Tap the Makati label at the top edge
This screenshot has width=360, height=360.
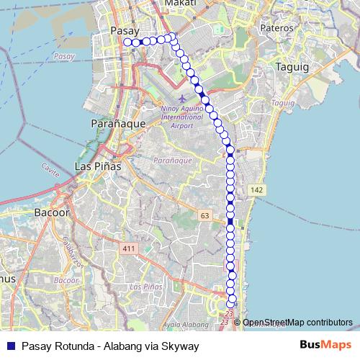coord(180,4)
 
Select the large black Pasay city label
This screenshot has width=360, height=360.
coord(126,31)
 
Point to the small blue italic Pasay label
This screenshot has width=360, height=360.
coord(64,56)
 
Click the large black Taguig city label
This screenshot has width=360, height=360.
coord(292,66)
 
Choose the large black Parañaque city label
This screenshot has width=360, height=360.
coord(119,124)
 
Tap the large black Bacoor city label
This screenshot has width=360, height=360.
coord(51,213)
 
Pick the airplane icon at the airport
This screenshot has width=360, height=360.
coord(181,97)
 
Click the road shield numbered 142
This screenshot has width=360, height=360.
coord(256,189)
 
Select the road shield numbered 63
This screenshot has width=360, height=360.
coord(205,216)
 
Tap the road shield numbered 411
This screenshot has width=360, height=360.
coord(129,249)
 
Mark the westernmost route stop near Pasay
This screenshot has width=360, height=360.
coord(127,42)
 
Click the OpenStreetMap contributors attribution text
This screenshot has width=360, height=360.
coord(297,322)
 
